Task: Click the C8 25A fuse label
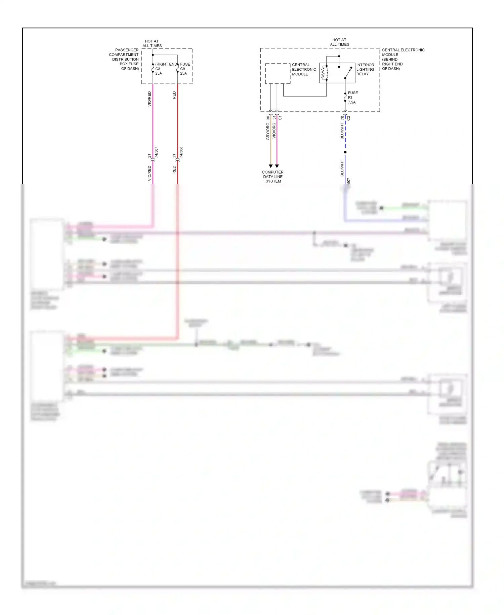158,71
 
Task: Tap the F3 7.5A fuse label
352,98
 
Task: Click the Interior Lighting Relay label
365,69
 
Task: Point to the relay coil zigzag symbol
324,73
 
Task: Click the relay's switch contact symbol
348,73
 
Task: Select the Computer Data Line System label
273,177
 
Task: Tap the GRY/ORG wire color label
268,132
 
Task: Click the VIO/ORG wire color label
274,131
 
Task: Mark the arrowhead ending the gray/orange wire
270,166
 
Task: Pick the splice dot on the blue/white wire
345,152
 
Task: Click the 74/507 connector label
156,152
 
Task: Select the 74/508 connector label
181,152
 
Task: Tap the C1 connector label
280,118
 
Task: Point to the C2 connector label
348,118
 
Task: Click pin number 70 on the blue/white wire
342,118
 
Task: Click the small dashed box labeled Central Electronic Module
278,73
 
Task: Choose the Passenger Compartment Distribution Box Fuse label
124,59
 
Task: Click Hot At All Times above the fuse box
152,43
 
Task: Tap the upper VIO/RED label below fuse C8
150,99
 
